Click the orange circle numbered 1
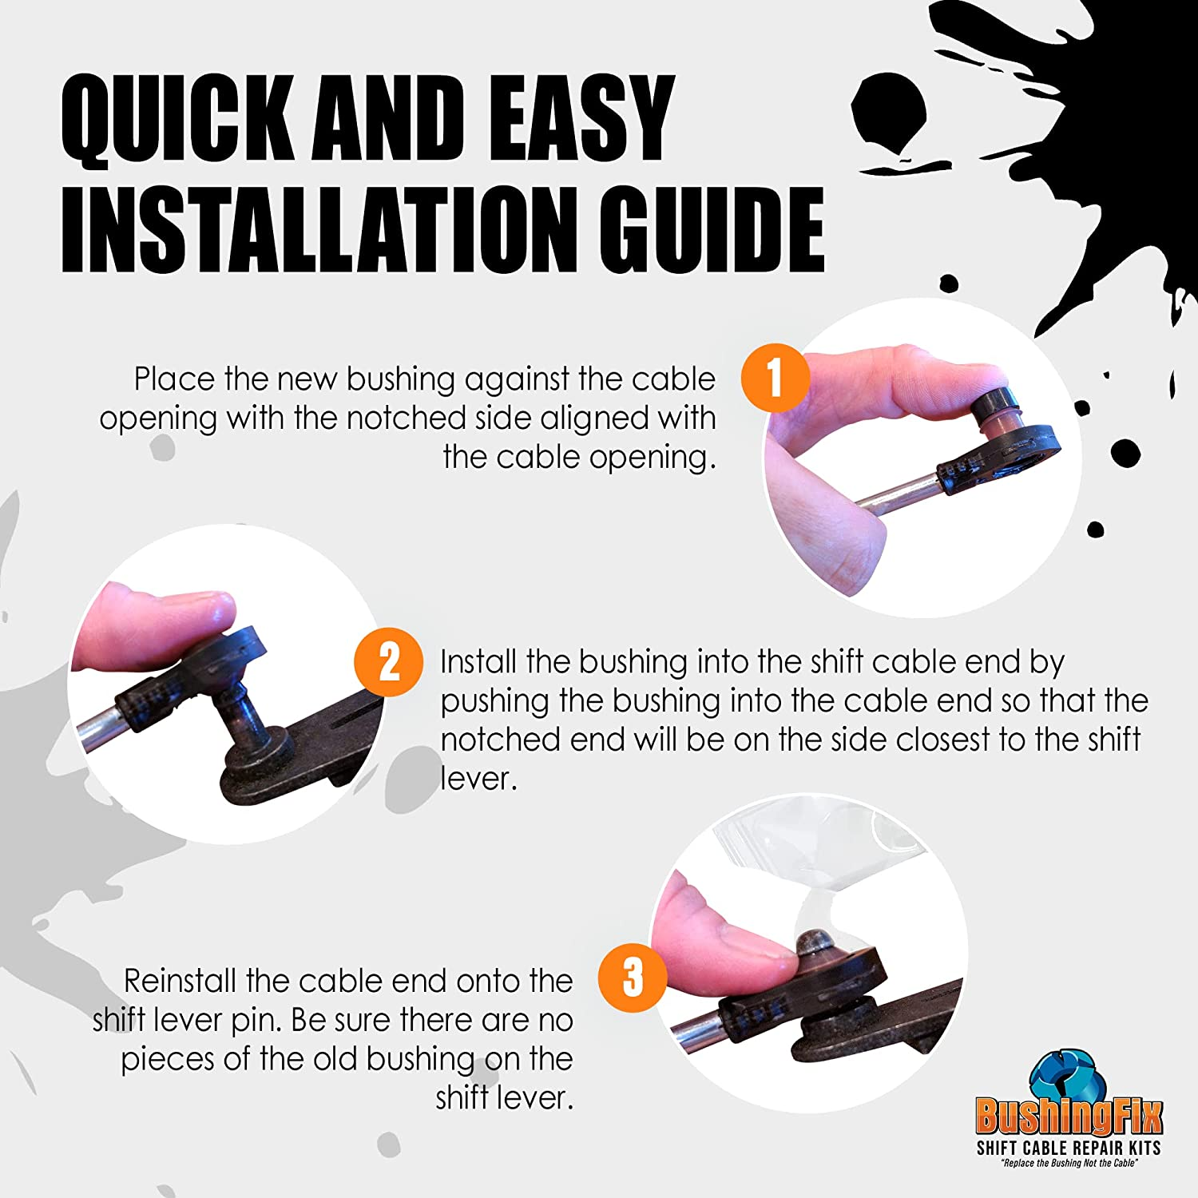pos(775,378)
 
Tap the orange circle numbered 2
pos(389,662)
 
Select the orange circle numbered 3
pos(633,977)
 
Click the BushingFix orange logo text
pos(1069,1116)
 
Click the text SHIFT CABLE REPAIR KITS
pos(1069,1148)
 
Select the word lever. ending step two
pos(479,779)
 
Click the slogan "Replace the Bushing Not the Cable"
pos(1069,1164)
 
